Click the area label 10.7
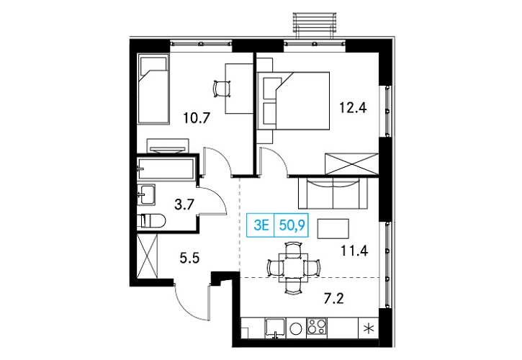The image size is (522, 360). tap(197, 117)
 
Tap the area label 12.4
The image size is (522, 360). tap(353, 107)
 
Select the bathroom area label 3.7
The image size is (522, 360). tap(184, 204)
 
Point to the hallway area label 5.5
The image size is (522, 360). tap(189, 258)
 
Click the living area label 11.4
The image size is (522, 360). tap(354, 251)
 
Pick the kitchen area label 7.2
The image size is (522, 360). tap(334, 299)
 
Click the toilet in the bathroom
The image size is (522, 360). tap(151, 220)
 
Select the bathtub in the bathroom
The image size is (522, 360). tap(166, 169)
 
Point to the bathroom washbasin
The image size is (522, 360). tap(146, 194)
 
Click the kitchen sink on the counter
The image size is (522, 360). tap(275, 328)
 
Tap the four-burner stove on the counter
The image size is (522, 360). tap(317, 328)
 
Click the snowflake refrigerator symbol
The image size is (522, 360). tap(368, 328)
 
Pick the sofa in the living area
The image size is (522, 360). tap(333, 194)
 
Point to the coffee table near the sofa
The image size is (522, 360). tap(333, 228)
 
